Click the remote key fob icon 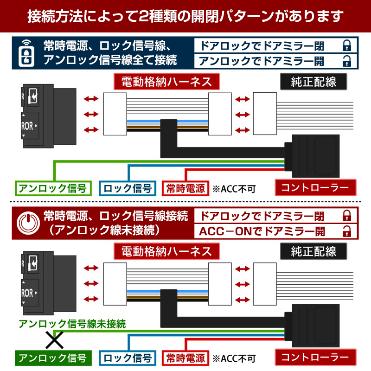coord(26,53)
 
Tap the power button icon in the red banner coord(28,223)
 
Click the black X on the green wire coord(54,340)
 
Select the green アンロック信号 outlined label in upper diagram coord(53,188)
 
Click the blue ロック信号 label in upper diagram coord(128,188)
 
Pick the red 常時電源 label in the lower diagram coord(185,358)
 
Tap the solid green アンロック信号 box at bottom coord(53,358)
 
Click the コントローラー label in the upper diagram coord(315,188)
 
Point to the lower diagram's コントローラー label coord(315,357)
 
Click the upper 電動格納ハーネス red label coord(166,82)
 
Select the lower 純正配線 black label coord(313,251)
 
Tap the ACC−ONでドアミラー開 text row coord(262,231)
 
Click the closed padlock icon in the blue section coord(347,45)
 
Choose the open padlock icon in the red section coord(347,231)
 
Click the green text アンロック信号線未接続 coord(72,324)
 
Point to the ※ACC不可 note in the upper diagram coord(234,189)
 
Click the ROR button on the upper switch coord(30,126)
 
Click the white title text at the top coord(185,16)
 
